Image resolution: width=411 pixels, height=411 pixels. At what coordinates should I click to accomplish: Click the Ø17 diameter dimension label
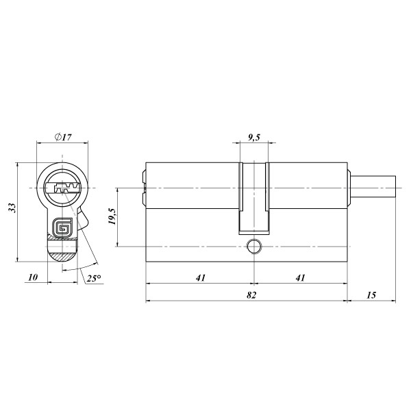63,137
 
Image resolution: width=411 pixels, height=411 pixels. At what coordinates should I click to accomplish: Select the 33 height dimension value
12,208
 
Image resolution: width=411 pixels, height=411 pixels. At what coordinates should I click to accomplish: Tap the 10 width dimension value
33,277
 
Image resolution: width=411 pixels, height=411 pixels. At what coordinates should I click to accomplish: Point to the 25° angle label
94,278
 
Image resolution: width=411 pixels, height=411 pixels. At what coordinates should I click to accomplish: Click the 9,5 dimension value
254,137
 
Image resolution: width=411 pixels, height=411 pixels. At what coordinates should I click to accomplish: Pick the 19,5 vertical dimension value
112,216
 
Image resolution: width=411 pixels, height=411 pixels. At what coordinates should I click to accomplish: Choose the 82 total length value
251,295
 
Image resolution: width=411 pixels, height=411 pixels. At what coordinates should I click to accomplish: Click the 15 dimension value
371,295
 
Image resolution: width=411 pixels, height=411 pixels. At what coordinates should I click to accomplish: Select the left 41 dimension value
201,277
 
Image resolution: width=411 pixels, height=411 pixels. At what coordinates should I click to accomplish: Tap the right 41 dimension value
301,277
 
